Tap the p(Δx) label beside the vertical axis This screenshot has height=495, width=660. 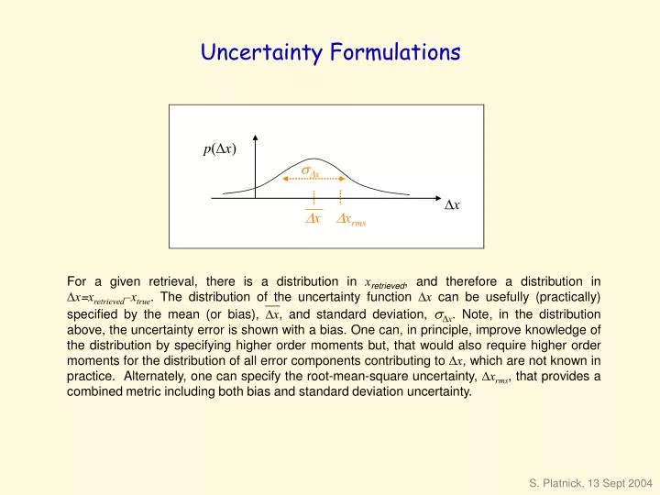220,150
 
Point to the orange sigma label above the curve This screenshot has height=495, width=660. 310,170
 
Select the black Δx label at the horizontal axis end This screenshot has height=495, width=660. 452,203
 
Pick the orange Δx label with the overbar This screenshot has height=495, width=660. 313,219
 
